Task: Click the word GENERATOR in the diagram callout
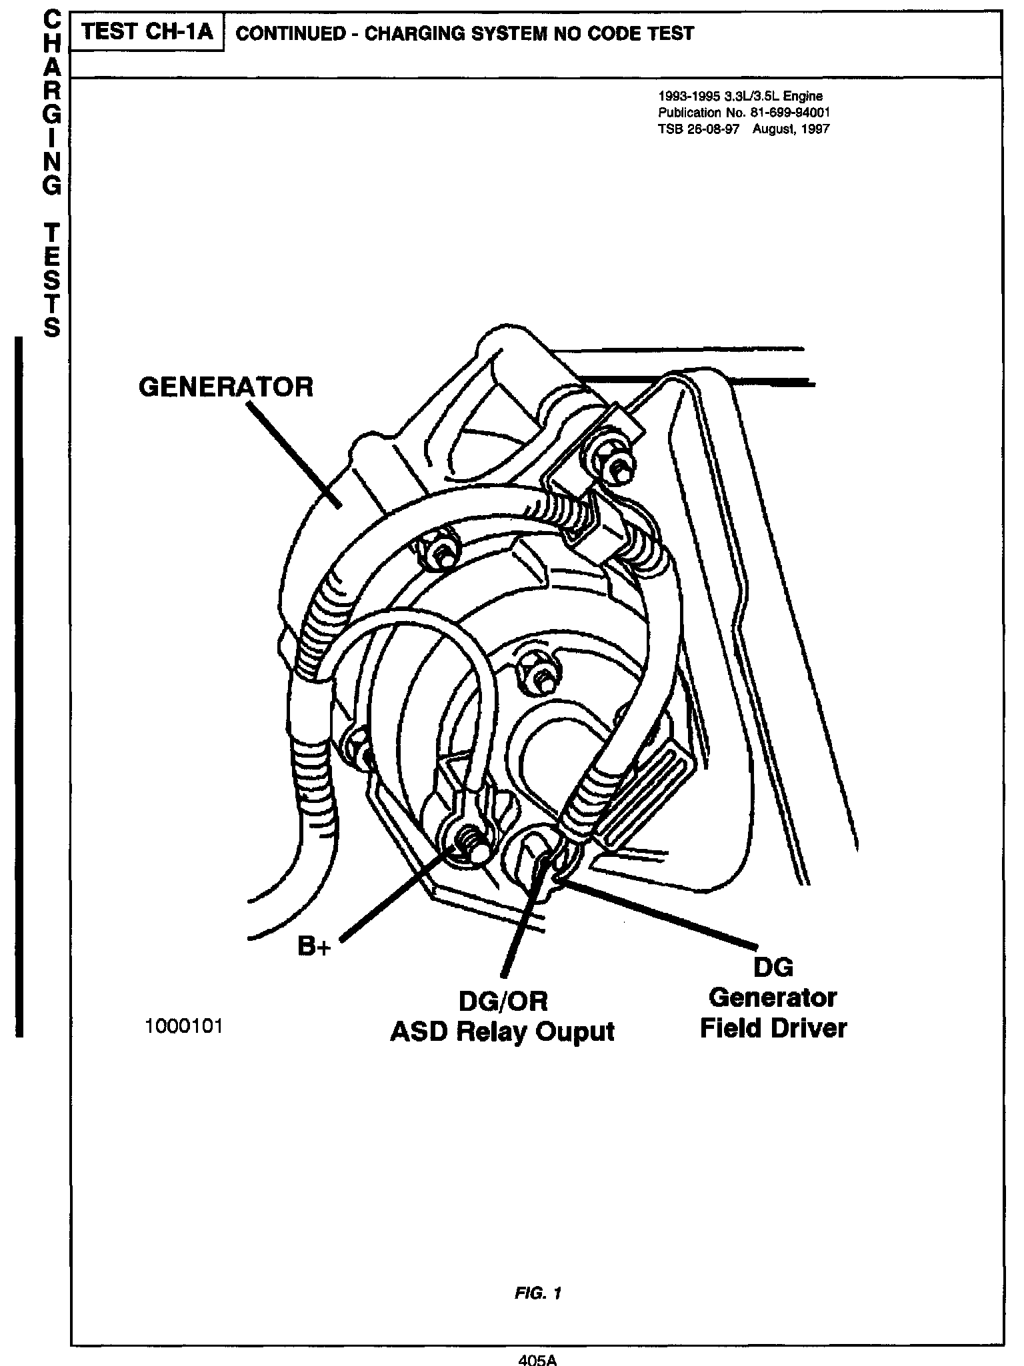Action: (x=225, y=386)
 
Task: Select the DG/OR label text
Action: (x=503, y=1001)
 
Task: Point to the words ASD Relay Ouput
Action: (x=501, y=1031)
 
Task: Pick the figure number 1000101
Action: (x=183, y=1027)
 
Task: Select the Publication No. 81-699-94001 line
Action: (x=743, y=113)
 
